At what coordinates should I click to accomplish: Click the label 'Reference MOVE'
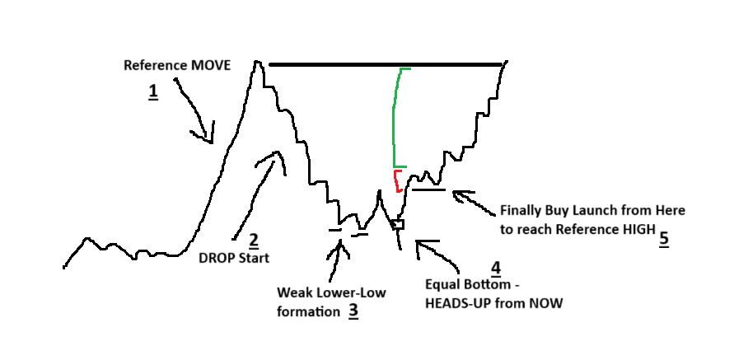[x=177, y=65]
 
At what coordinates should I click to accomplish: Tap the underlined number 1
[x=153, y=91]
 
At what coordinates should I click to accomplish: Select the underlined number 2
[x=254, y=241]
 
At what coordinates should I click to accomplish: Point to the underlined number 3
[x=353, y=311]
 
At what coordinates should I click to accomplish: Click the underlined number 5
[x=664, y=239]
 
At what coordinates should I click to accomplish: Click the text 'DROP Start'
[x=234, y=257]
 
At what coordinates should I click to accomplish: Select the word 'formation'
[x=306, y=312]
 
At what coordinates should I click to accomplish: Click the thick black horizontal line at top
[x=385, y=64]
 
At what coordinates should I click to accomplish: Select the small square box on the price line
[x=398, y=224]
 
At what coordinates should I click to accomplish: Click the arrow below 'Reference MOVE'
[x=194, y=111]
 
